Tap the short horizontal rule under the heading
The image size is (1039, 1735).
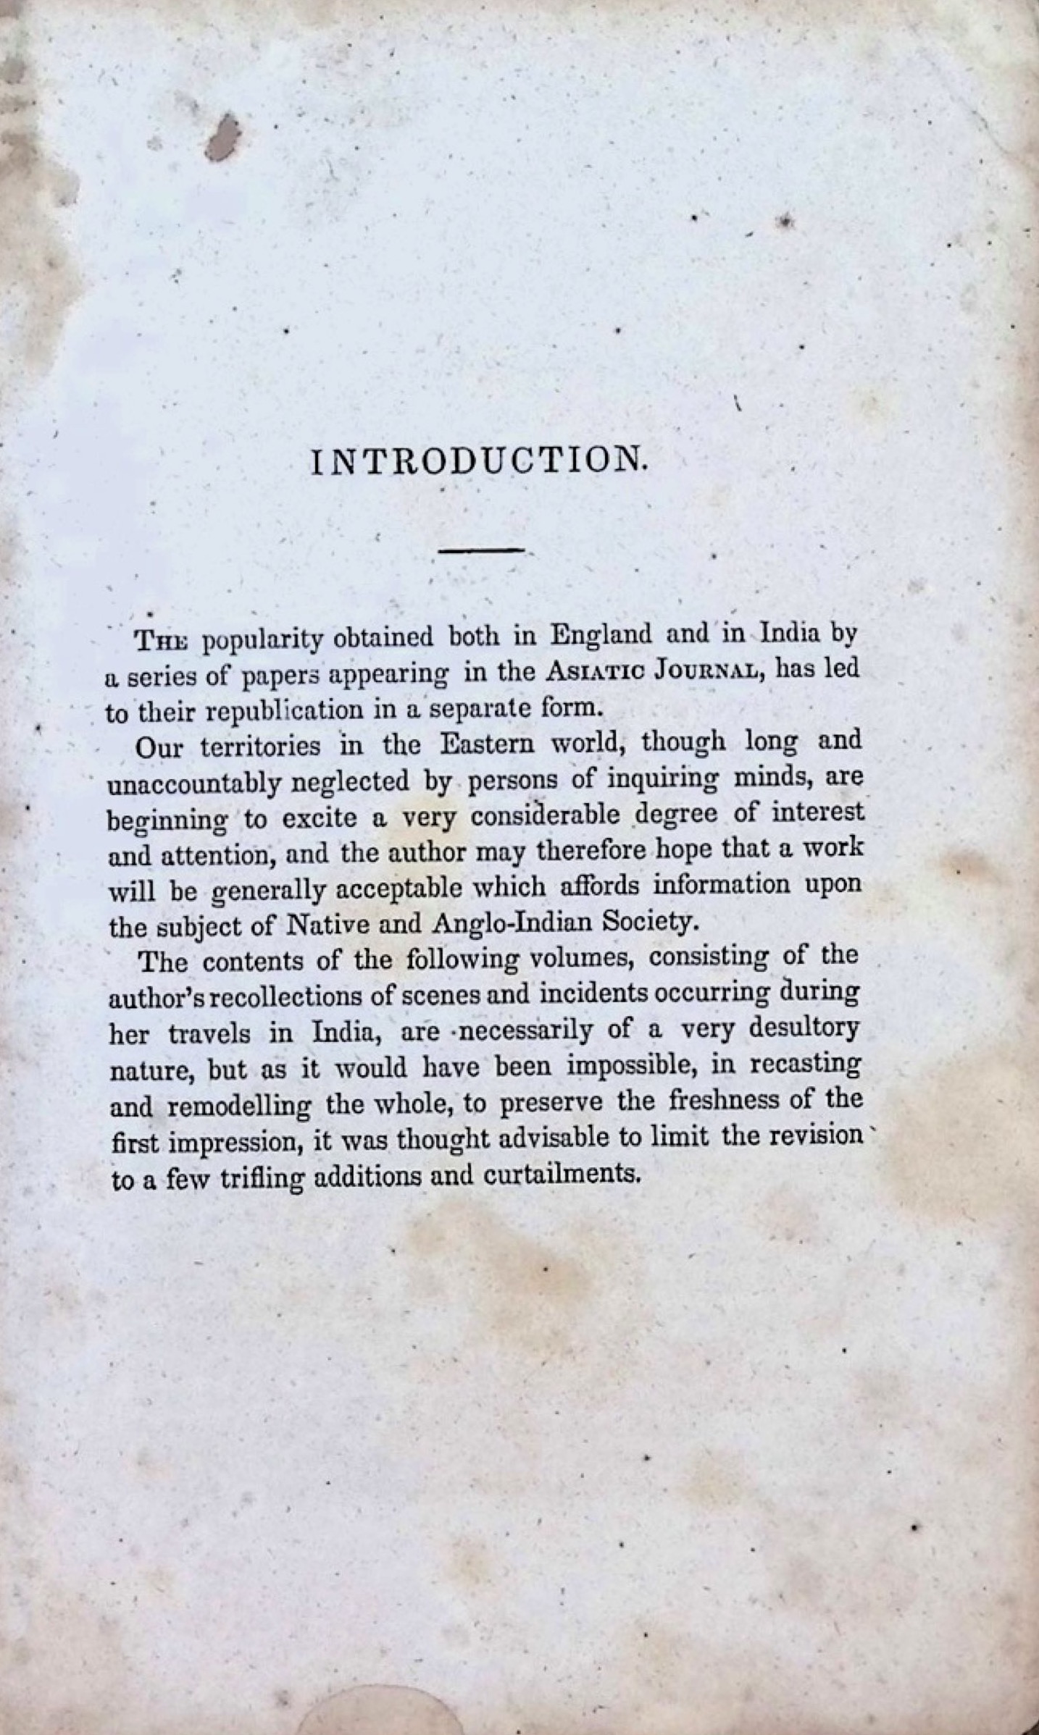[x=481, y=551]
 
